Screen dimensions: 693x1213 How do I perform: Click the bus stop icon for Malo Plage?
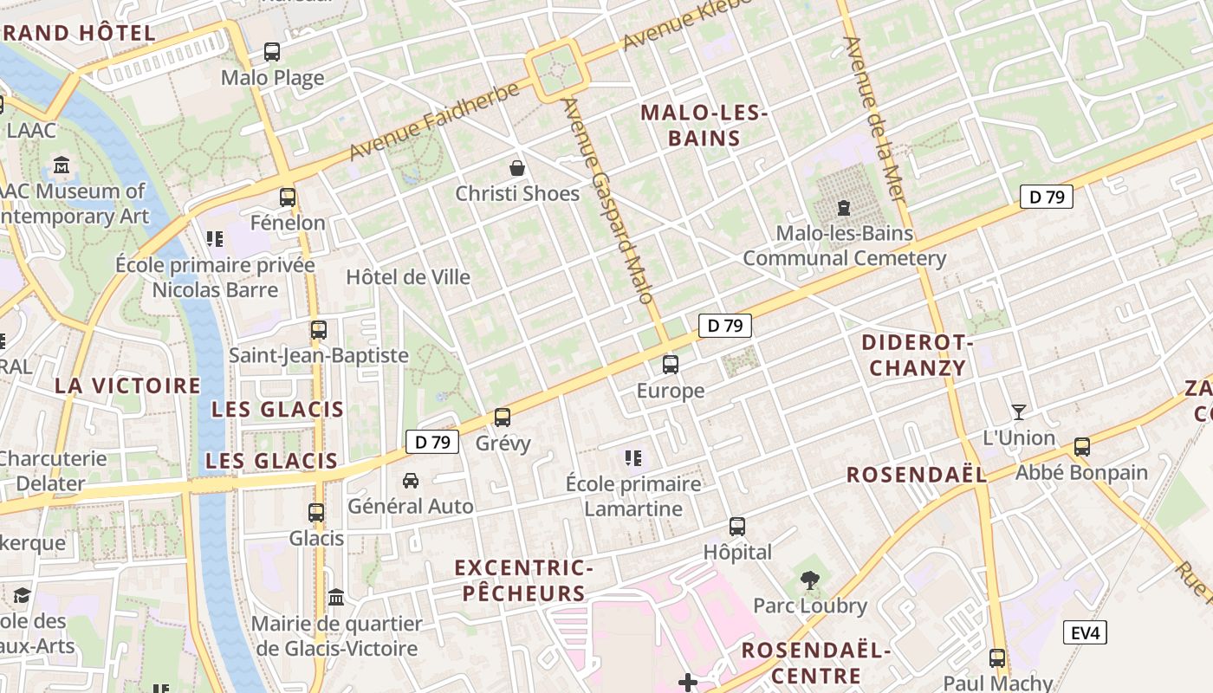point(272,52)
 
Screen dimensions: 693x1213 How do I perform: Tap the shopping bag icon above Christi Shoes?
point(517,167)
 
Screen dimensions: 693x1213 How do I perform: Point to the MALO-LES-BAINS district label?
point(691,126)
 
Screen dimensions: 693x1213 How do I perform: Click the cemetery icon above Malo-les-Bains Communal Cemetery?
point(843,207)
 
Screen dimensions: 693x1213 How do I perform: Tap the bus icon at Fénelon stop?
point(288,198)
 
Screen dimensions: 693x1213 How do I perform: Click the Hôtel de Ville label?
point(408,277)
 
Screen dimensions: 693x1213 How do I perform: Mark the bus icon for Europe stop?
point(670,365)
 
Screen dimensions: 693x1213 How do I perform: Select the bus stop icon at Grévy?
point(503,418)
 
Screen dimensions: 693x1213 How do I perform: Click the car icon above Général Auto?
point(411,480)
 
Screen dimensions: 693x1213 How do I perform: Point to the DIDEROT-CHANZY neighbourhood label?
point(918,355)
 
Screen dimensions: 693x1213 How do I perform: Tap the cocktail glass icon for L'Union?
point(1019,411)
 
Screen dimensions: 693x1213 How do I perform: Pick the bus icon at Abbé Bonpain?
point(1081,447)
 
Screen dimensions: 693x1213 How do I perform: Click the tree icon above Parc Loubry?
point(810,580)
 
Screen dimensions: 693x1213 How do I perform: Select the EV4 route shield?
point(1085,632)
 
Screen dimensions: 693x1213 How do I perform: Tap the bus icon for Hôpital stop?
point(736,526)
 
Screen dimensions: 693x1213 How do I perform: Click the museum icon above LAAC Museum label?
point(62,165)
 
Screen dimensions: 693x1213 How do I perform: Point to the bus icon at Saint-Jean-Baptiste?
point(319,330)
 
